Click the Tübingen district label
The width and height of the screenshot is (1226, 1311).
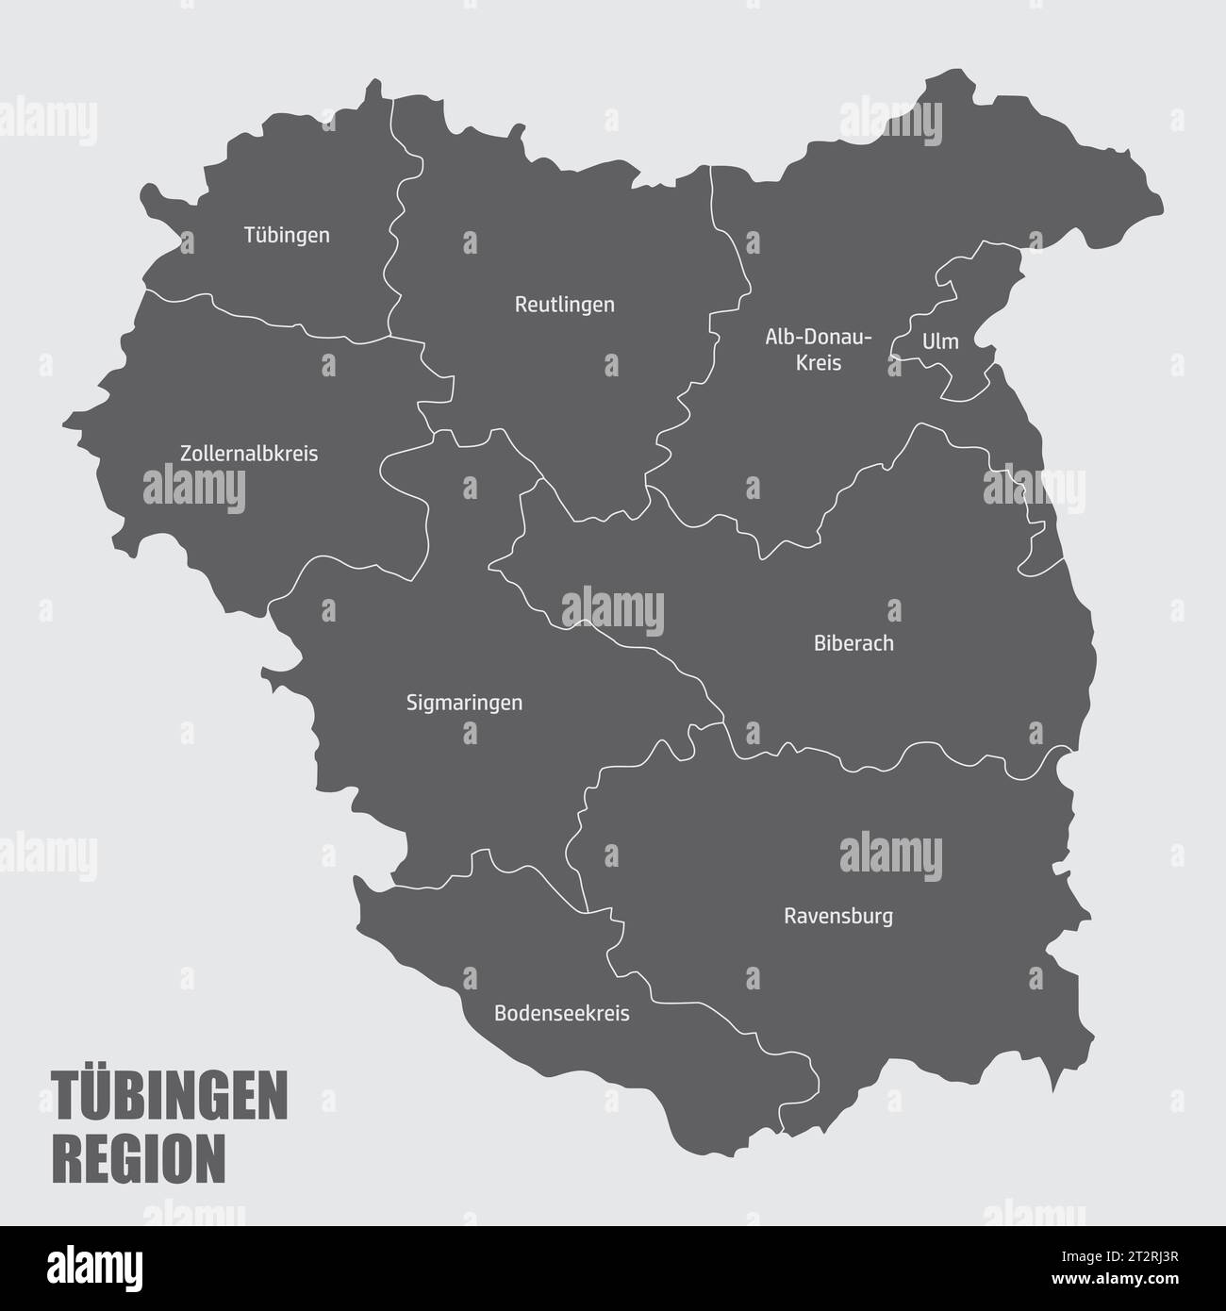tap(287, 235)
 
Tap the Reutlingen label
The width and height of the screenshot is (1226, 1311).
tap(564, 305)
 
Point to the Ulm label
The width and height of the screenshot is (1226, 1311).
tap(940, 341)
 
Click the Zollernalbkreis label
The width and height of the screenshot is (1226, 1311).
tap(249, 454)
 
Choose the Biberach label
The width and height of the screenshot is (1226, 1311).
tap(853, 644)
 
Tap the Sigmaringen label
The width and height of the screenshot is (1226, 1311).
tap(464, 703)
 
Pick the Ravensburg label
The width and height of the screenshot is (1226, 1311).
tap(838, 916)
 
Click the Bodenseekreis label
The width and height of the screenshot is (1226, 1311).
tap(562, 1014)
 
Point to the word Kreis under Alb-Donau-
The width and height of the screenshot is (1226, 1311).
tap(819, 362)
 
